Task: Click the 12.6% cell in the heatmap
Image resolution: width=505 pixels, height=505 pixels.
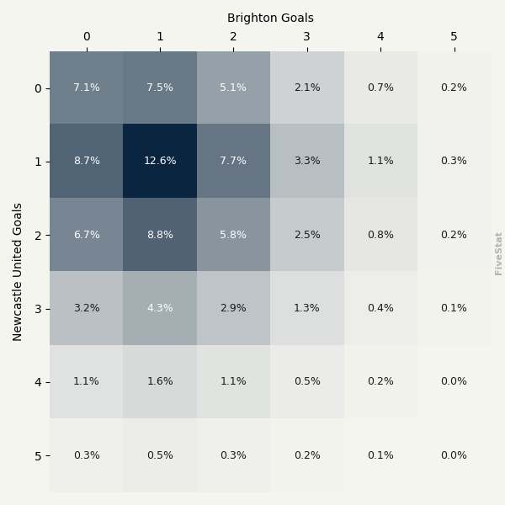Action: click(160, 161)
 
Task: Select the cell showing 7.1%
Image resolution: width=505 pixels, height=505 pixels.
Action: click(86, 88)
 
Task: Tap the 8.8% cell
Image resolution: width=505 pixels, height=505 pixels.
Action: click(160, 235)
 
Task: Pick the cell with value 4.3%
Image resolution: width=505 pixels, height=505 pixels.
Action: click(160, 308)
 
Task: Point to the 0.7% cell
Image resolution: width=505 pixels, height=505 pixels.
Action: click(380, 88)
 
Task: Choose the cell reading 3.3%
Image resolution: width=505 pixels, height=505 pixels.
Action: click(307, 161)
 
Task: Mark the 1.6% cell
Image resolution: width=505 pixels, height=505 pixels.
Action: click(160, 381)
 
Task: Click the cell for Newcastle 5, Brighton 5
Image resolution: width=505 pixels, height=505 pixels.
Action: click(454, 455)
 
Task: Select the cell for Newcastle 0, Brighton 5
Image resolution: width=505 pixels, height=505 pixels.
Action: click(454, 88)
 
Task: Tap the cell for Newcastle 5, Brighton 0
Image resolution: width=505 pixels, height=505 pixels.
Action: click(86, 455)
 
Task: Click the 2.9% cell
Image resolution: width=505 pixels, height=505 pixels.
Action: click(233, 308)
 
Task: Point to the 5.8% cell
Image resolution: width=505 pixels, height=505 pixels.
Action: click(233, 235)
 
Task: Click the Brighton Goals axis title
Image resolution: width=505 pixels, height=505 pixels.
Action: click(270, 18)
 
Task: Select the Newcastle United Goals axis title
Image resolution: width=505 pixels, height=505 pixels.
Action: click(18, 271)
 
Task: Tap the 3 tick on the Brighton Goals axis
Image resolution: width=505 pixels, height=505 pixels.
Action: click(307, 37)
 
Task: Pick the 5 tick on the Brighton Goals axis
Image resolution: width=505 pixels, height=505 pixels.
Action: click(454, 37)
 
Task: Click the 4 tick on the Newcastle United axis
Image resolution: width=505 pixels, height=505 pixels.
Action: click(38, 382)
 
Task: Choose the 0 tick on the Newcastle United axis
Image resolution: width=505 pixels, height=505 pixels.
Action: click(38, 88)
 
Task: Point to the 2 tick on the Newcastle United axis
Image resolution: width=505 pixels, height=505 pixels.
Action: click(38, 235)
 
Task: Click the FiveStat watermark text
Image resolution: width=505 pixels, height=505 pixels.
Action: click(499, 253)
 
